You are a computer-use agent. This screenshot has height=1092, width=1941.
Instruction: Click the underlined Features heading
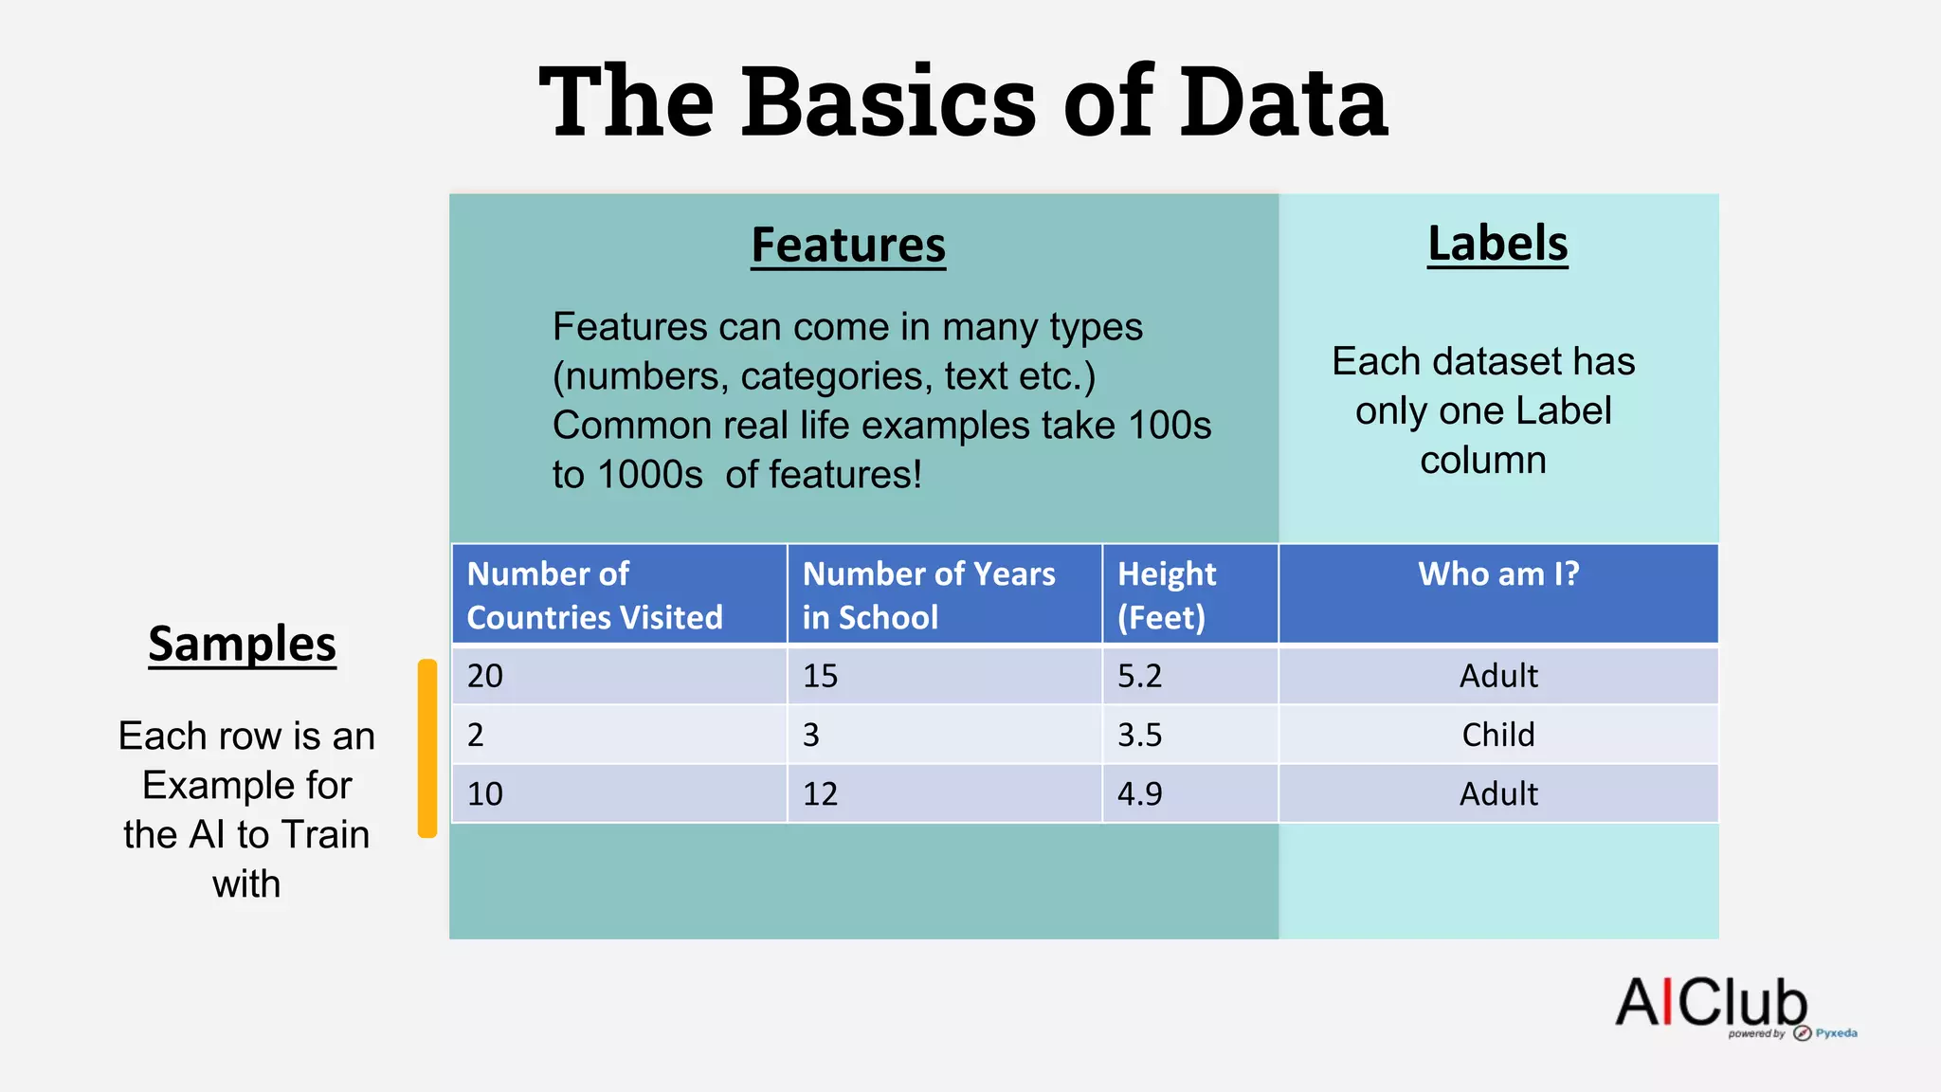(848, 245)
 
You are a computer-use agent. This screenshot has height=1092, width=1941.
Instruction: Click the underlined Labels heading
(1497, 243)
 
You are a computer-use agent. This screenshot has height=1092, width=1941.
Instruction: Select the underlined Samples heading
(242, 644)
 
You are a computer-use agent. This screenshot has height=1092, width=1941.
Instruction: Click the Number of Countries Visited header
(594, 594)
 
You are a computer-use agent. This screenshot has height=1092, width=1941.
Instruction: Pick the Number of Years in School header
(929, 594)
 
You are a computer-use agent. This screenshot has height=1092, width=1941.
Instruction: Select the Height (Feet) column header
(1167, 594)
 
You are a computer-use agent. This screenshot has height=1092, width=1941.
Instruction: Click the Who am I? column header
(1497, 574)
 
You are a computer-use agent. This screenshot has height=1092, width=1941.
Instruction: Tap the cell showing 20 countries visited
(485, 676)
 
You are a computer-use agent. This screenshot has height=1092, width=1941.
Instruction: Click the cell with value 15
(821, 676)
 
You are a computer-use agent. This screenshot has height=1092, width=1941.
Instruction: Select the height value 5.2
(1139, 676)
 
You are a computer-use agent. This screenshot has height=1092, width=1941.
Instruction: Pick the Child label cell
(1497, 735)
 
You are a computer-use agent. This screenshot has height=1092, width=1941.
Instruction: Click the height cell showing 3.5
(1139, 735)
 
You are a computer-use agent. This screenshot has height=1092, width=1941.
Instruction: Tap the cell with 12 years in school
(821, 793)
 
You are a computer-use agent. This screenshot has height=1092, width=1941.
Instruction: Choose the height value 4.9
(1139, 793)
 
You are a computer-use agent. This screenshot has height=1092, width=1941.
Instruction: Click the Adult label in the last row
(1497, 793)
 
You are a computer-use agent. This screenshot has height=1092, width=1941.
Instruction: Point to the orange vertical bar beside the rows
(427, 748)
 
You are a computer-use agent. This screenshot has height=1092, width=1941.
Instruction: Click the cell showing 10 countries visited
(485, 793)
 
